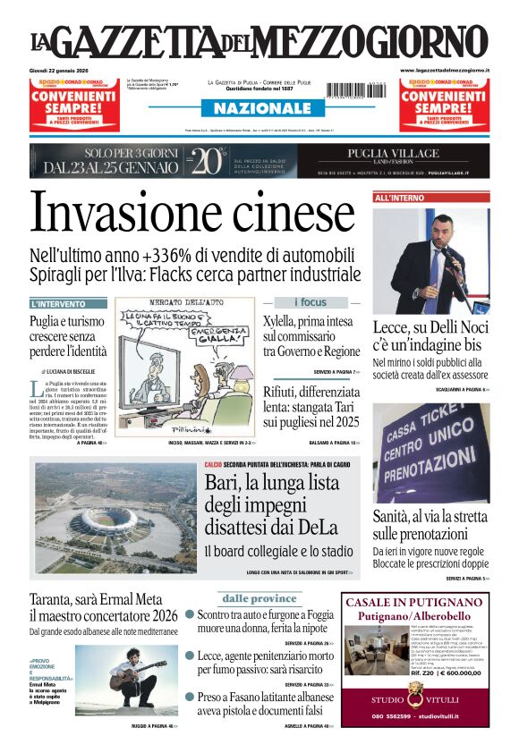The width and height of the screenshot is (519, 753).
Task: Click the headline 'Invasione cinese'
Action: (192, 215)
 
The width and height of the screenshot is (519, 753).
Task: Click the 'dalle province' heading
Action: (259, 598)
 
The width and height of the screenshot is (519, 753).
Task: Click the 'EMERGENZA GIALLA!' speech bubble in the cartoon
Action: (210, 335)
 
